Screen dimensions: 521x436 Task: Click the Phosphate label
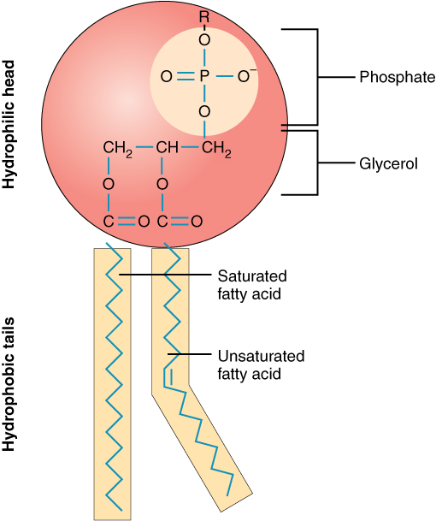[397, 78]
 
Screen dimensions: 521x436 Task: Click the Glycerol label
[388, 162]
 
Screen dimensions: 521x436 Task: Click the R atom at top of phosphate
[203, 16]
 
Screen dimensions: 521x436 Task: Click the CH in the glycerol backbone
[167, 150]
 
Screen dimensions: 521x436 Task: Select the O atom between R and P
[203, 39]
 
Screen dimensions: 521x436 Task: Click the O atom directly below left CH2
[108, 184]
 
